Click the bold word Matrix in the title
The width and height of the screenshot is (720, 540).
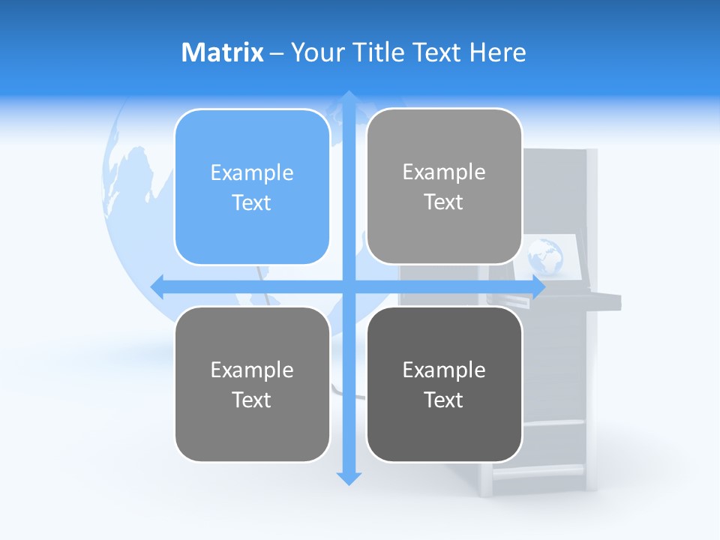[x=222, y=52]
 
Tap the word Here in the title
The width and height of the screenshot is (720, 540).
[x=498, y=52]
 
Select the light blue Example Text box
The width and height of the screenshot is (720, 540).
[x=252, y=187]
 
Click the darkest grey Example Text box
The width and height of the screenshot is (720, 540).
[x=444, y=384]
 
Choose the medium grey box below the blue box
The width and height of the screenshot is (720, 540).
[x=252, y=384]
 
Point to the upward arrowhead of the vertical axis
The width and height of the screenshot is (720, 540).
[x=349, y=98]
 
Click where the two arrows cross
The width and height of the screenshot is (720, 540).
[x=349, y=286]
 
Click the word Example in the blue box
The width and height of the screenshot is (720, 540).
[x=252, y=173]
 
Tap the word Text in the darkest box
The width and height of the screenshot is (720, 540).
[x=444, y=400]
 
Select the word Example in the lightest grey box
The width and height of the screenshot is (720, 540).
[x=444, y=172]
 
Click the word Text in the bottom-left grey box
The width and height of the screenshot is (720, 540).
[x=252, y=400]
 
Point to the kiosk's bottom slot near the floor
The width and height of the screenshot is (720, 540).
[x=537, y=471]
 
